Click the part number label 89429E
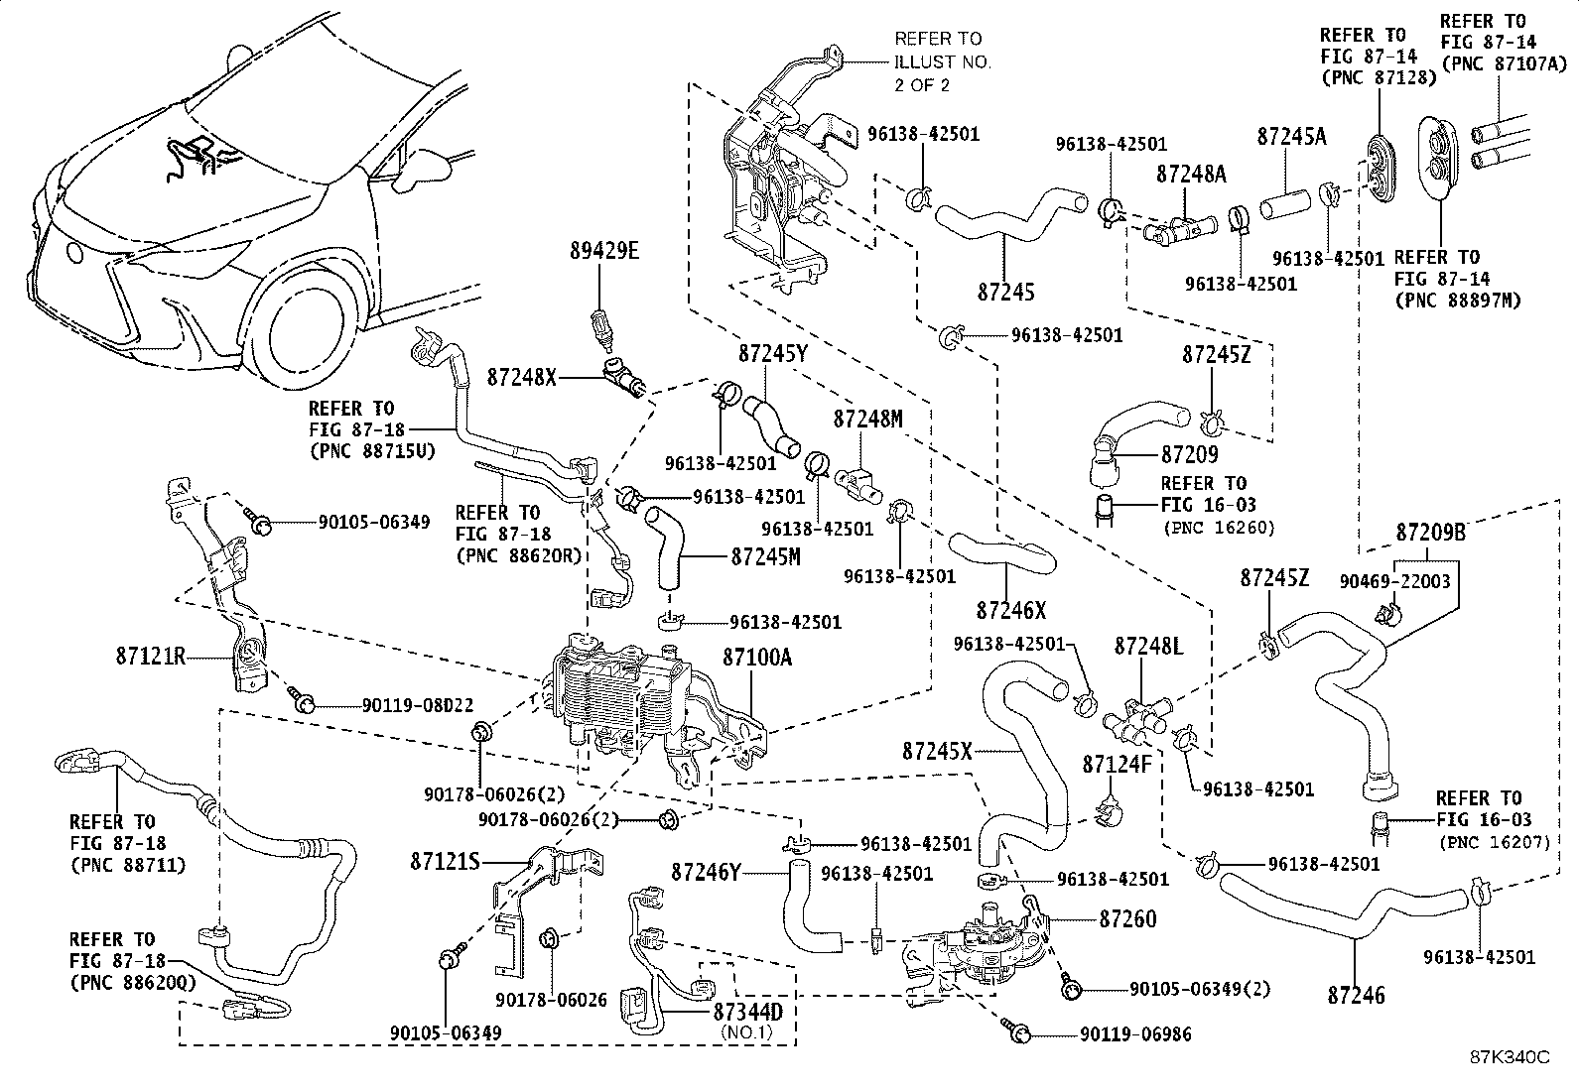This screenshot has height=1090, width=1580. [604, 251]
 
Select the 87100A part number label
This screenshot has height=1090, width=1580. [757, 658]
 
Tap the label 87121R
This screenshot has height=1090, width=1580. [151, 657]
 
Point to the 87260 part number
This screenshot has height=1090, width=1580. [1127, 918]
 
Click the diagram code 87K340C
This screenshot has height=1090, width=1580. [1510, 1057]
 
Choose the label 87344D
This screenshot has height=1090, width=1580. [747, 1012]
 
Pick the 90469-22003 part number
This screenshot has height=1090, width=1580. [1394, 581]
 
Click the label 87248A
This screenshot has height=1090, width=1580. [1191, 175]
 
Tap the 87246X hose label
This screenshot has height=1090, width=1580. [1011, 611]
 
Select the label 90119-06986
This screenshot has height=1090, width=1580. [1135, 1034]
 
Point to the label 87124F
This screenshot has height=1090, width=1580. [1117, 764]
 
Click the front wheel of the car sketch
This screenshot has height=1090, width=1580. [309, 333]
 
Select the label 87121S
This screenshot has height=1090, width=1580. [445, 862]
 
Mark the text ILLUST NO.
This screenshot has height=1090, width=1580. [943, 62]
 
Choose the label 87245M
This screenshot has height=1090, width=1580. [766, 557]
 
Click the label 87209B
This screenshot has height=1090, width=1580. [1430, 533]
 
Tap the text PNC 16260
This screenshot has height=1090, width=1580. [1220, 528]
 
